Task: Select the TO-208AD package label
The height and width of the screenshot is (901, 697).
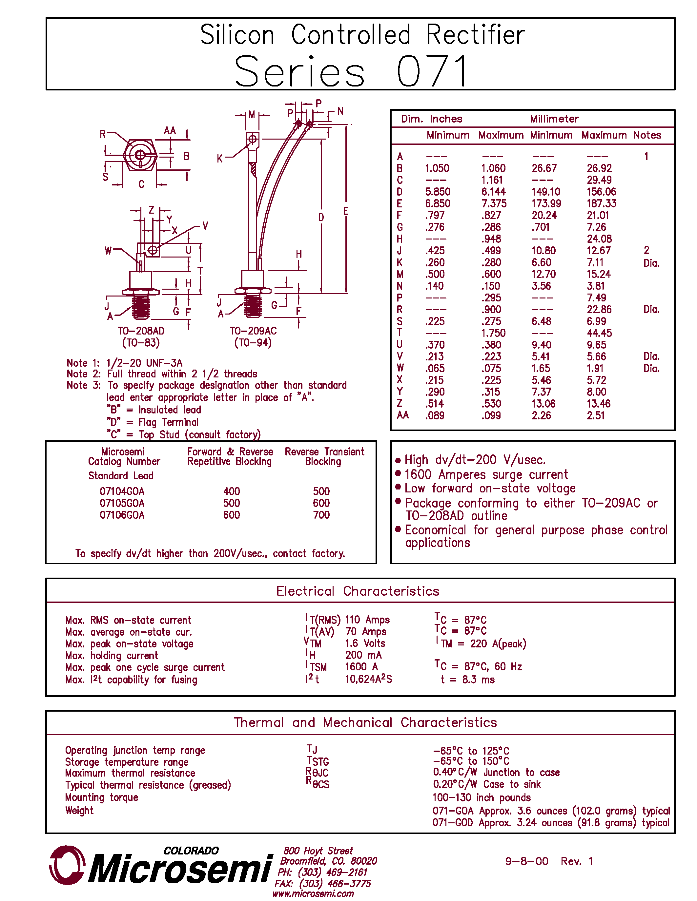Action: [141, 331]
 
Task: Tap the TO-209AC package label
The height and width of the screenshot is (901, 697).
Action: [253, 331]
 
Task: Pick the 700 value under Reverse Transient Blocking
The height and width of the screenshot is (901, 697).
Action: [321, 515]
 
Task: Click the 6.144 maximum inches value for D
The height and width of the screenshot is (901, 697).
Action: [493, 192]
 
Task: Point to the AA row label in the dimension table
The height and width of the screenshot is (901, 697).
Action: [402, 415]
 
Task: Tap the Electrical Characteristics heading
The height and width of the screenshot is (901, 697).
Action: [358, 591]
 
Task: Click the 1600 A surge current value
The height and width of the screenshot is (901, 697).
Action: [361, 667]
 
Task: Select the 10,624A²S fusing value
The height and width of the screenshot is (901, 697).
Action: [368, 679]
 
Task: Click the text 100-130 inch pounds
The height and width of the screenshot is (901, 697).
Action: [482, 797]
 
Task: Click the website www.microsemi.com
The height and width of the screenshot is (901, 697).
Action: [313, 893]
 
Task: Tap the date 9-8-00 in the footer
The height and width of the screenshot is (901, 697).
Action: [526, 861]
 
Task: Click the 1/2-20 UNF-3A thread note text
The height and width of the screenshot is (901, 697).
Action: [144, 363]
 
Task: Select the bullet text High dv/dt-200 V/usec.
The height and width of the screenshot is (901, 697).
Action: [475, 460]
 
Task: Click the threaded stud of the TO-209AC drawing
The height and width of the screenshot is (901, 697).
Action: [253, 306]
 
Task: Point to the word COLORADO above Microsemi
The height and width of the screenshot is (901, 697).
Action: [191, 851]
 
